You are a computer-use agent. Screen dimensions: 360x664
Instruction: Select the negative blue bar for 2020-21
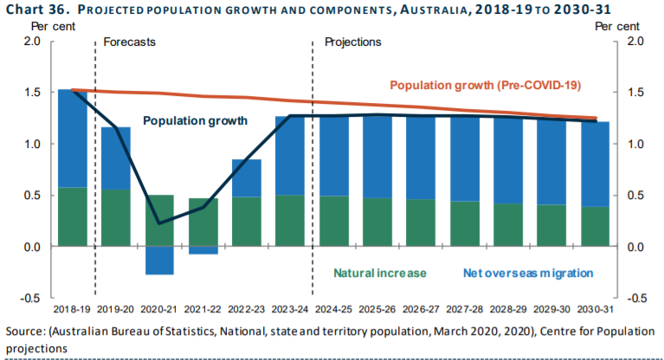point(159,260)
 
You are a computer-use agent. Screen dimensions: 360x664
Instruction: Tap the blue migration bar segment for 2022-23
point(246,178)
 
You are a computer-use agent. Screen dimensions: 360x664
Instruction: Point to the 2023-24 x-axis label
point(289,309)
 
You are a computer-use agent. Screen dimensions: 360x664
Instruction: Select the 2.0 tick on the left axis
point(31,41)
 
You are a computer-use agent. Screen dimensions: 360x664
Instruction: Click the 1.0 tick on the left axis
point(31,144)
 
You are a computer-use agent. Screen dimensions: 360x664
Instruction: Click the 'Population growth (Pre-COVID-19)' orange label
point(485,86)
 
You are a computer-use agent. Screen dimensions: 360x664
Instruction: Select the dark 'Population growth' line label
point(196,120)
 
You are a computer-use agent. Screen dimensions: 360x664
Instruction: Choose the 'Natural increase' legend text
point(381,273)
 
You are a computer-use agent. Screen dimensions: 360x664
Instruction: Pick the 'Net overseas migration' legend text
point(527,273)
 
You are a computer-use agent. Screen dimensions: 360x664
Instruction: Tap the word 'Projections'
point(352,42)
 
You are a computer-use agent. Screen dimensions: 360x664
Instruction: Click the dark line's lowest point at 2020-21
point(159,223)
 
